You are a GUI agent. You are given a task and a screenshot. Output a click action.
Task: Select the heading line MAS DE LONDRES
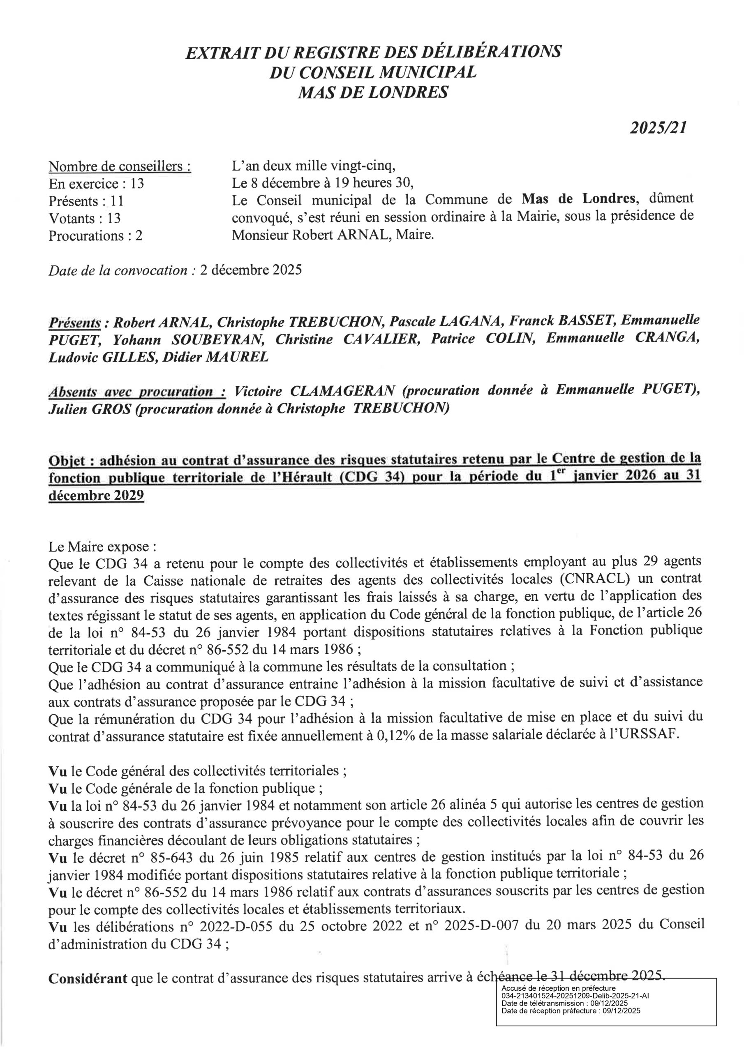(373, 93)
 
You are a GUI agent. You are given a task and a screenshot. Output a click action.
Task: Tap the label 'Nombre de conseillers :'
(120, 166)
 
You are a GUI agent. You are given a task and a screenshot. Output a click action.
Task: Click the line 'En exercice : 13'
(96, 184)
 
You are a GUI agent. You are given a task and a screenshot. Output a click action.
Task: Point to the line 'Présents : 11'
(86, 201)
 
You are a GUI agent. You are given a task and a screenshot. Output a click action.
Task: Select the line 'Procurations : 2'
(95, 235)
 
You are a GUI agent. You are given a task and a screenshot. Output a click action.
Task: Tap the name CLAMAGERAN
(342, 391)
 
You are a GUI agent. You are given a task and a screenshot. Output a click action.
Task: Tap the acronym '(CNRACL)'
(594, 579)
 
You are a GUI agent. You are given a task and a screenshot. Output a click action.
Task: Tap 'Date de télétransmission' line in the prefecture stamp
(565, 1004)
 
